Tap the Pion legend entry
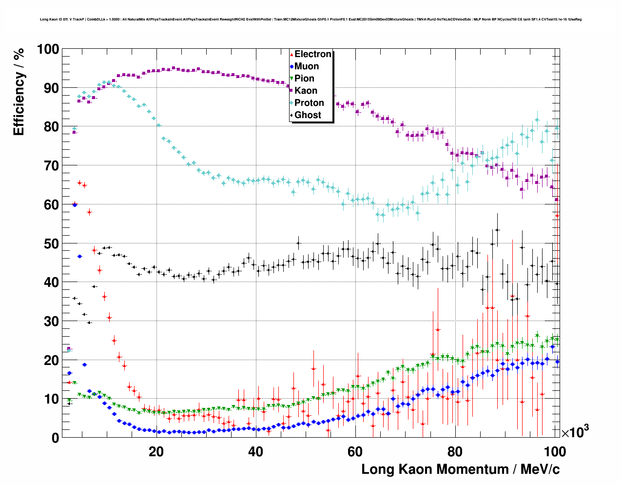click(x=304, y=79)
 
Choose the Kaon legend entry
click(x=306, y=91)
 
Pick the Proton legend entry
click(x=309, y=103)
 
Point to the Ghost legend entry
click(x=308, y=115)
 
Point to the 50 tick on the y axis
click(x=51, y=243)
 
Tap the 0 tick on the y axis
click(x=55, y=438)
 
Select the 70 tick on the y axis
click(x=51, y=166)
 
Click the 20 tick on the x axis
click(x=156, y=452)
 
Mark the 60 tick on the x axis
click(x=355, y=452)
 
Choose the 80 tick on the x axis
click(x=455, y=452)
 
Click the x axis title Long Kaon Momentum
click(x=460, y=469)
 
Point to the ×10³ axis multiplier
click(x=575, y=432)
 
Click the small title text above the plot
click(x=311, y=20)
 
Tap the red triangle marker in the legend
click(x=292, y=54)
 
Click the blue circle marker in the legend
click(x=292, y=66)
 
